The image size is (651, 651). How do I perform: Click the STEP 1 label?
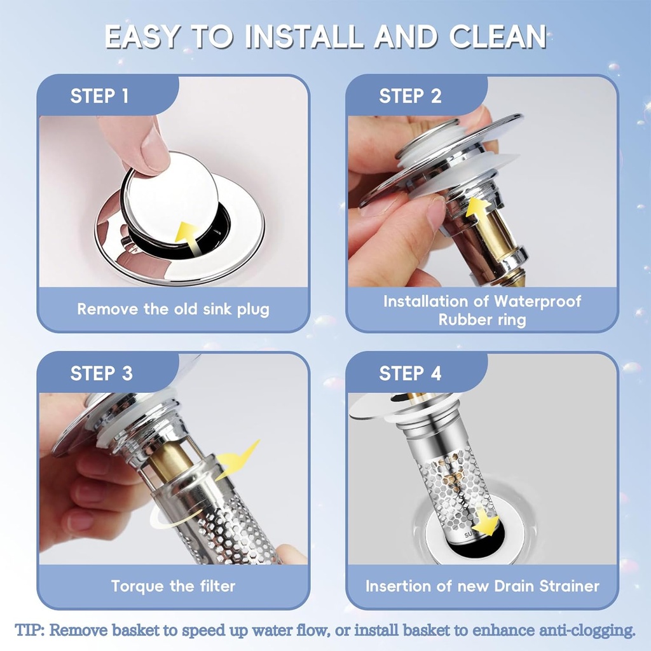(99, 96)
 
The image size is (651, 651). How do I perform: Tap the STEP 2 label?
(410, 96)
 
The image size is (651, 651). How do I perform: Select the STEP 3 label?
(102, 373)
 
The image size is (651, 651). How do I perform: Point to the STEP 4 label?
(410, 373)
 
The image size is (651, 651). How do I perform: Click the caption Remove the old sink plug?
(173, 310)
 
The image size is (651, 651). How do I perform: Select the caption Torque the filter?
(173, 586)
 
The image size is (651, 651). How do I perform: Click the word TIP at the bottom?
(29, 631)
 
